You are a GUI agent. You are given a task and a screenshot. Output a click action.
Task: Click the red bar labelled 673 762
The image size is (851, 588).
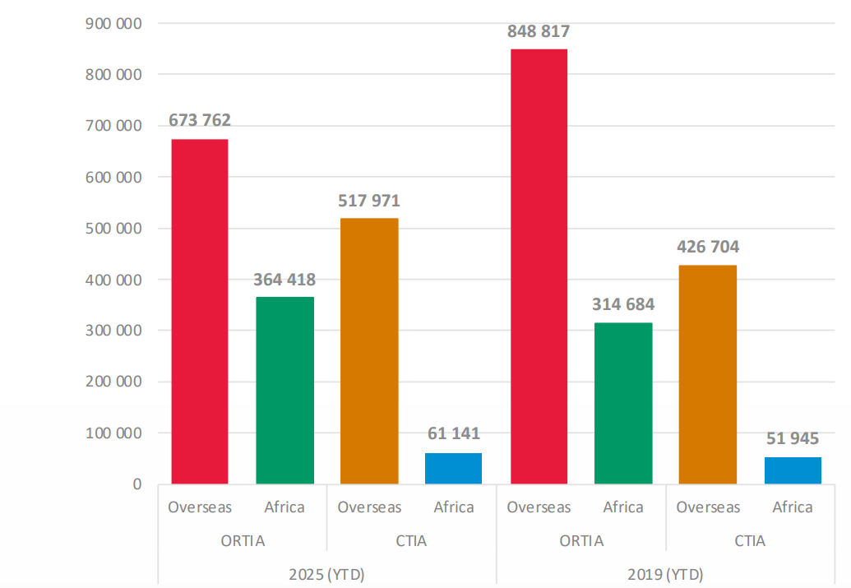(x=200, y=312)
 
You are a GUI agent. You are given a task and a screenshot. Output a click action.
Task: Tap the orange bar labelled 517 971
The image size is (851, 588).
(x=369, y=351)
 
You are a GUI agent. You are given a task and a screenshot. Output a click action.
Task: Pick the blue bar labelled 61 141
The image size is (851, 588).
(x=454, y=468)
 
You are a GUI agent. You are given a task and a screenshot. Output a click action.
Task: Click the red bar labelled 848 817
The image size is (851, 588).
(x=539, y=266)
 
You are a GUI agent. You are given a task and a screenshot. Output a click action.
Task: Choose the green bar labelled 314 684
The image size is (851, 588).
(x=623, y=403)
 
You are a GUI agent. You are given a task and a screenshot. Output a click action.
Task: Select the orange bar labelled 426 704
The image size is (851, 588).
(x=708, y=374)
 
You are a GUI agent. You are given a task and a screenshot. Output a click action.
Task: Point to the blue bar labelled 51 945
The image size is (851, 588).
(x=793, y=470)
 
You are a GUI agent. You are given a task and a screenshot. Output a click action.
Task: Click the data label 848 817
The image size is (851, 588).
(x=539, y=32)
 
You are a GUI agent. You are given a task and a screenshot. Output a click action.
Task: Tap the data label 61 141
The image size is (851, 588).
(x=454, y=433)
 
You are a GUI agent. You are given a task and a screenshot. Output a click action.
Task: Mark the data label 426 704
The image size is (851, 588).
(x=708, y=247)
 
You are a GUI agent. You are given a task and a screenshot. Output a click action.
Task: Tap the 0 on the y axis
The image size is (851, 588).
(x=136, y=484)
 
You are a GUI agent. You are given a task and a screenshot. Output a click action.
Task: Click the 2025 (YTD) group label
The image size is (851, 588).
(x=326, y=574)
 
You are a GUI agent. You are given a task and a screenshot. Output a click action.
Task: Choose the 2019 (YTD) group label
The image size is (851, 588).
(x=665, y=574)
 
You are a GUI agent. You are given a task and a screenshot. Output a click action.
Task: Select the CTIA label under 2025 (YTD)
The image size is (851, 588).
(x=411, y=541)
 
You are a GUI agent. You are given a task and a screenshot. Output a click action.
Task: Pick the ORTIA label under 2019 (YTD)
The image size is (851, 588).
(x=580, y=541)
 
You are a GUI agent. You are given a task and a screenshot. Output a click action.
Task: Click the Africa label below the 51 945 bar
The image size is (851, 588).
(x=793, y=507)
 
